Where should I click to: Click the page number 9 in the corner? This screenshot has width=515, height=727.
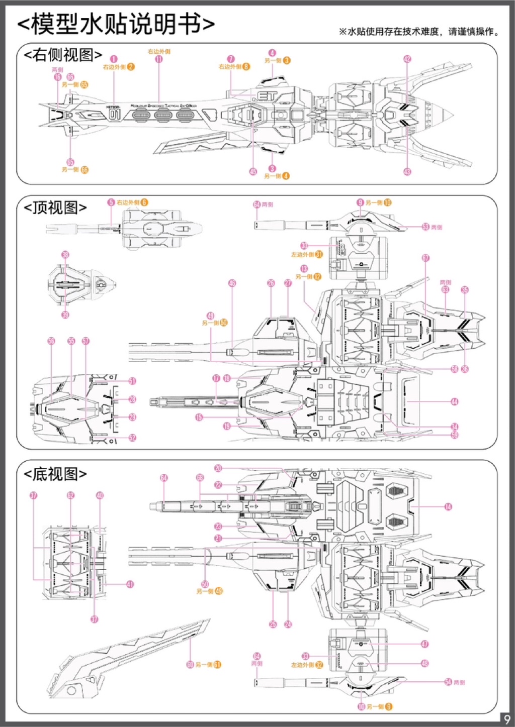click(506, 718)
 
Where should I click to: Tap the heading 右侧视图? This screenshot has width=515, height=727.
click(63, 55)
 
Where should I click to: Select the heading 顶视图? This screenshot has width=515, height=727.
click(55, 207)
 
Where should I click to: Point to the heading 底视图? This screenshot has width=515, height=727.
click(55, 474)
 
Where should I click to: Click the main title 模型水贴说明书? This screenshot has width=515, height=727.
click(117, 24)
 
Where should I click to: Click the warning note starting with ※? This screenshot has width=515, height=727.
click(419, 32)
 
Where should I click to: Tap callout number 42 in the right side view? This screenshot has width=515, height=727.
click(407, 59)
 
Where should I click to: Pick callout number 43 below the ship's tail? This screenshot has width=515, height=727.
click(407, 172)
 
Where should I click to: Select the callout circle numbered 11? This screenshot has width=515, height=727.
click(159, 59)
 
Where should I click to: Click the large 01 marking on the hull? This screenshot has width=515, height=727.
click(115, 115)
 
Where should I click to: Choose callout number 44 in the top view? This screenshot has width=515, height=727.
click(455, 401)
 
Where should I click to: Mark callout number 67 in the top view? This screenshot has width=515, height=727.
click(425, 258)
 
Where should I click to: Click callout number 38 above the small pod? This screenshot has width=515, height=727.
click(65, 255)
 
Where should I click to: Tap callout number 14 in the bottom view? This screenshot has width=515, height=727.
click(448, 506)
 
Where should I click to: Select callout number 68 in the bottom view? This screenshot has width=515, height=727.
click(200, 477)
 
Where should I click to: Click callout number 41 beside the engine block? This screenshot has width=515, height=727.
click(130, 584)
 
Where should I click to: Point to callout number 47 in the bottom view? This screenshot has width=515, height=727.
click(425, 644)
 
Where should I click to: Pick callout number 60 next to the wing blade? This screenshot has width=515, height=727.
click(190, 665)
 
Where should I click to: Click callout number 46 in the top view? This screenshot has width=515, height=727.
click(232, 283)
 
